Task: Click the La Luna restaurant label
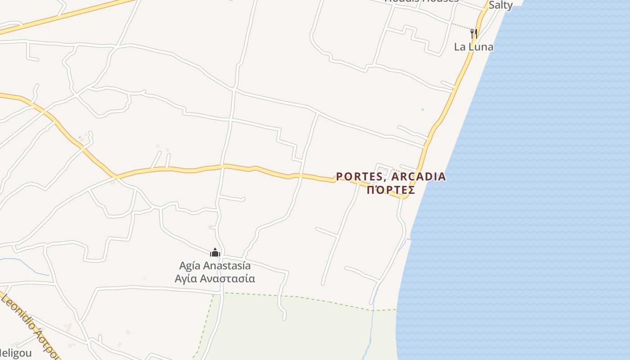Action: pos(473,47)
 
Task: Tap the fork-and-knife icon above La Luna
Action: pos(473,33)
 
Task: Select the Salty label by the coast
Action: pos(500,5)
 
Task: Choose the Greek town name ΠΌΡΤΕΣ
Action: pos(391,190)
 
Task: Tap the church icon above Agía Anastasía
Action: pos(215,252)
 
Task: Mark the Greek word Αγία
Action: pos(186,279)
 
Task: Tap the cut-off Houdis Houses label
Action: pos(422,1)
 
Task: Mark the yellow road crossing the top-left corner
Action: pos(67,15)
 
